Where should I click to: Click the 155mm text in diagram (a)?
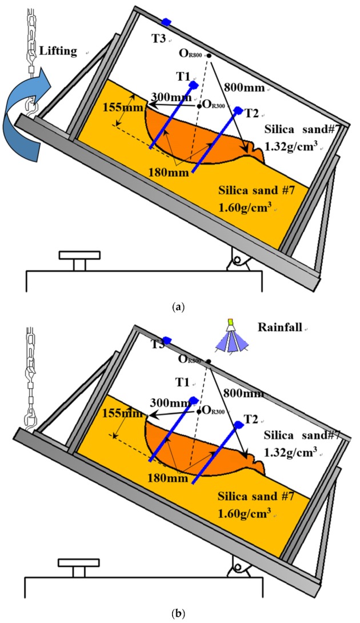(119, 108)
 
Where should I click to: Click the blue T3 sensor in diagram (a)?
(166, 22)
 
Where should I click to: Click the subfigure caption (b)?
(179, 615)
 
